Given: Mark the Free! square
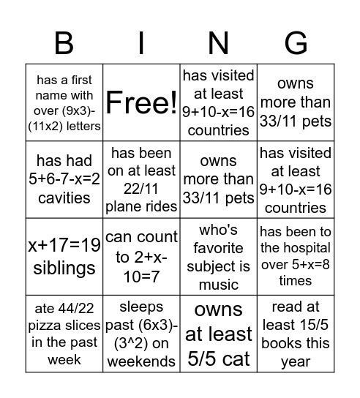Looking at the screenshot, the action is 141,102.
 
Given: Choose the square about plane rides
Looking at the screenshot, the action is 141,180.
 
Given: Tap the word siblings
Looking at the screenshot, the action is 64,268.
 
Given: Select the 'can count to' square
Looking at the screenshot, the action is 141,257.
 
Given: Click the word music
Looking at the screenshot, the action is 218,284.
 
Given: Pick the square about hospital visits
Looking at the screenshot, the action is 295,256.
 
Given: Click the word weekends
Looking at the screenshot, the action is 141,361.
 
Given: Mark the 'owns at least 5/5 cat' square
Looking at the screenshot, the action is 218,334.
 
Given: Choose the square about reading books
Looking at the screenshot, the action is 295,334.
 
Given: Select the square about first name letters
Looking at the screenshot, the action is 64,102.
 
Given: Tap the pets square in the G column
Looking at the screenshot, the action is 295,102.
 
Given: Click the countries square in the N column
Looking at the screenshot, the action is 218,102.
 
